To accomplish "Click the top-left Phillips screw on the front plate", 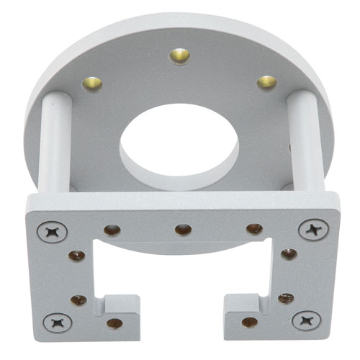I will (x=54, y=232).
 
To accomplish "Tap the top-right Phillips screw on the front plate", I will (x=312, y=230).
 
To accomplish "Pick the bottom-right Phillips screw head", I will (x=306, y=319).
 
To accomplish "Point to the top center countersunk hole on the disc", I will (x=179, y=55).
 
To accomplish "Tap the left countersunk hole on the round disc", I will (x=91, y=83).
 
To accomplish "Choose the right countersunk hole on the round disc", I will (x=266, y=82).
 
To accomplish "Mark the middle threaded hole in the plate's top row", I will (x=183, y=230).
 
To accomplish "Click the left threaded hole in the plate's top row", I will (x=112, y=230).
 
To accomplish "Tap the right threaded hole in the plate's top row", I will (x=254, y=229).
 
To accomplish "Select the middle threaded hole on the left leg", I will (x=78, y=300).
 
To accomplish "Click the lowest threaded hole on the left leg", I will (x=114, y=323).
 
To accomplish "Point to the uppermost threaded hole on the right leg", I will (x=288, y=254).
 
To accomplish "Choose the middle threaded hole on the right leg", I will (x=286, y=298).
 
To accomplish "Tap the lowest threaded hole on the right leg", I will (x=249, y=322).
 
